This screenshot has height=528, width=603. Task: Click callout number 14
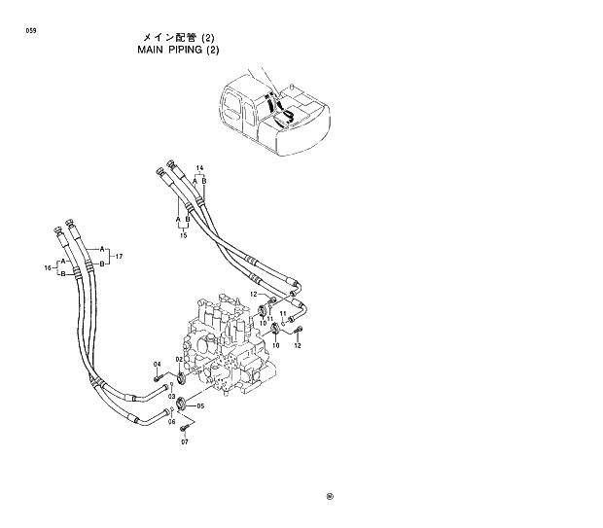click(x=199, y=168)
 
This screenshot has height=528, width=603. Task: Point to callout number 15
click(x=182, y=234)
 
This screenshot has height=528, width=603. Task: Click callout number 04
click(x=157, y=364)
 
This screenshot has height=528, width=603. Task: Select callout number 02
click(x=179, y=359)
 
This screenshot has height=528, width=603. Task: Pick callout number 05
click(x=200, y=405)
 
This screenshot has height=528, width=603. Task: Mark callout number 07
click(x=183, y=442)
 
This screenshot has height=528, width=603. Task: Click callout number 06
click(x=171, y=422)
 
